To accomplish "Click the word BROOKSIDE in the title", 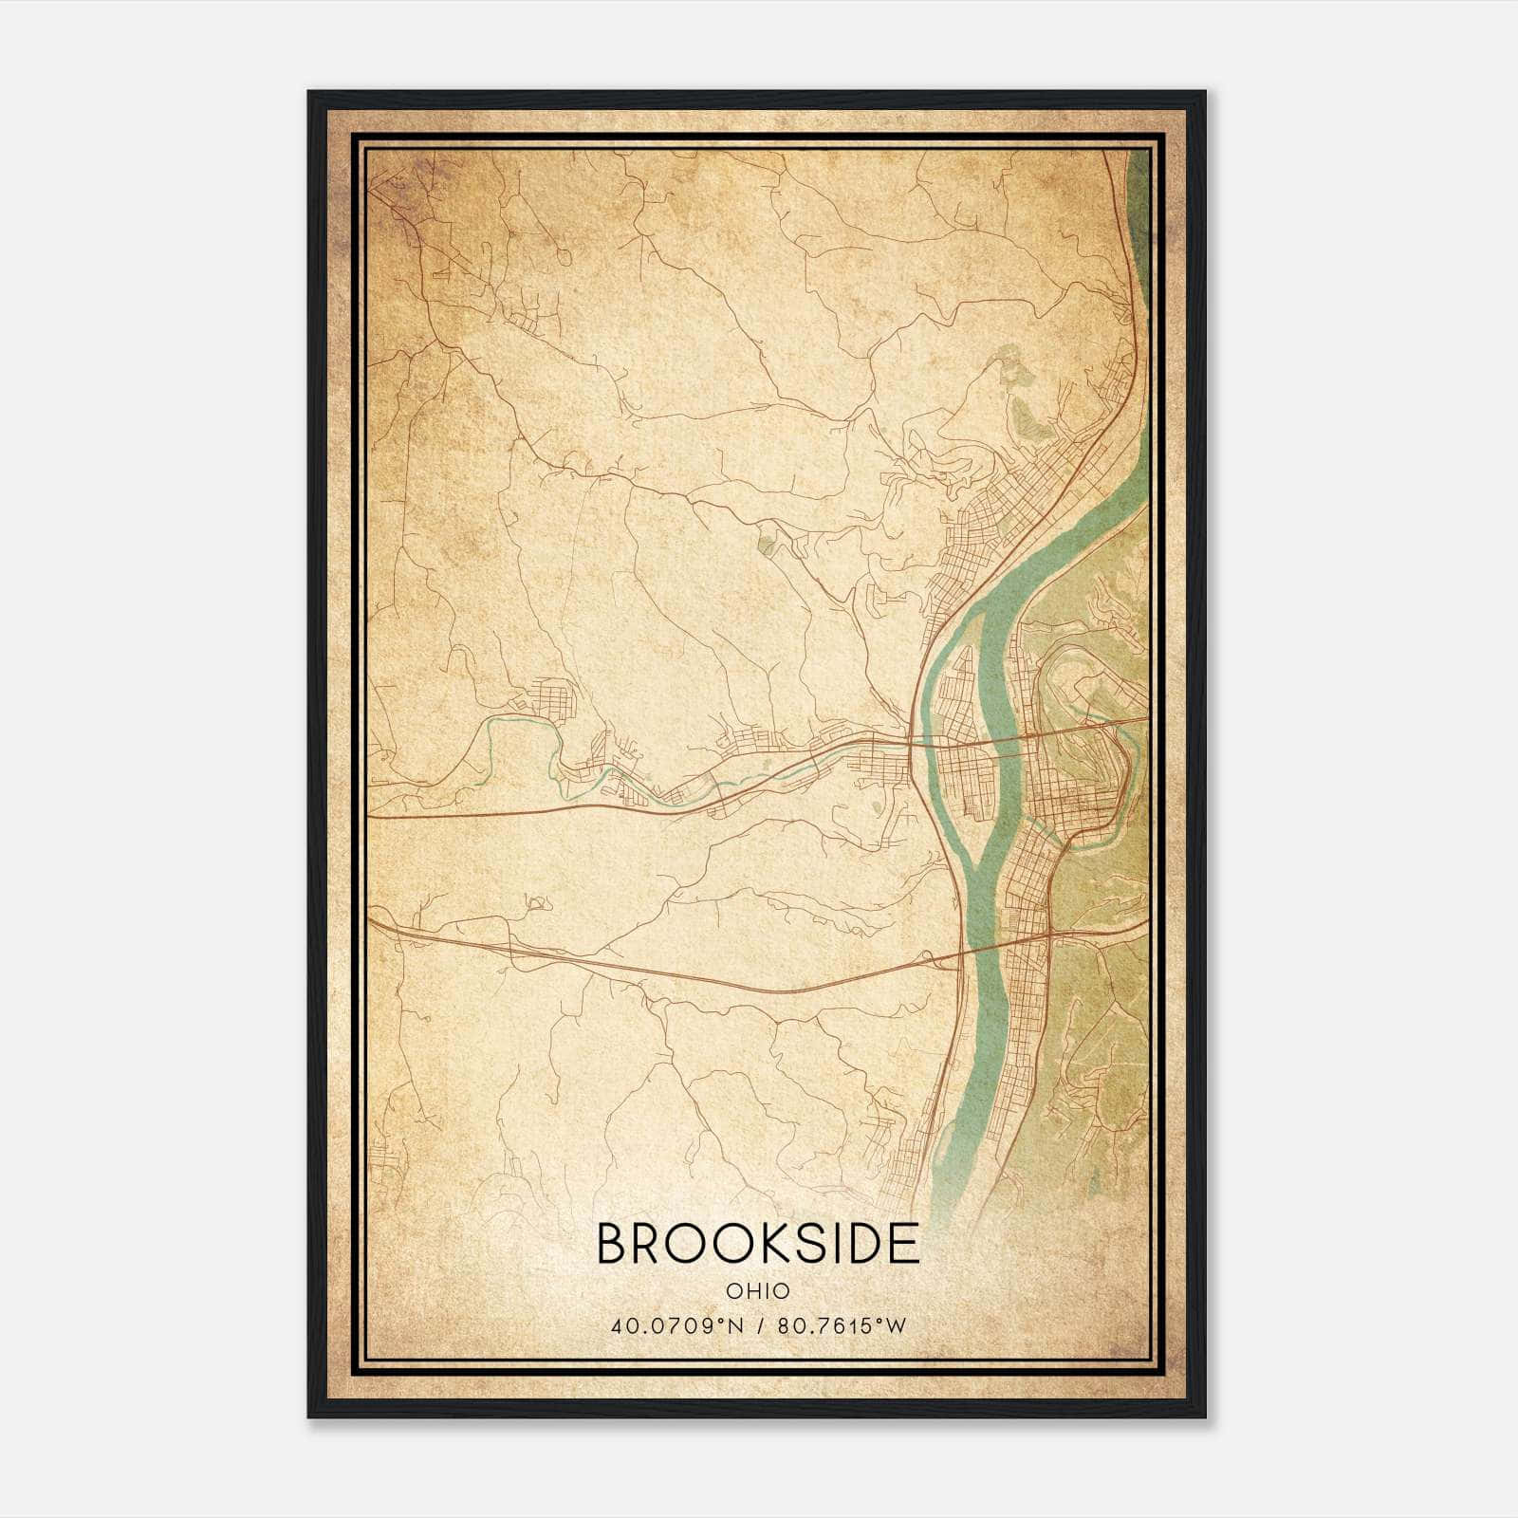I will coord(758,1244).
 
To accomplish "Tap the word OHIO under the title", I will coord(758,1290).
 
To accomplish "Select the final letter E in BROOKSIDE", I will coord(905,1244).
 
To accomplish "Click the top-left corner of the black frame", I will coord(309,92).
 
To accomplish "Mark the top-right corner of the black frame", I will coord(1205,92).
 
